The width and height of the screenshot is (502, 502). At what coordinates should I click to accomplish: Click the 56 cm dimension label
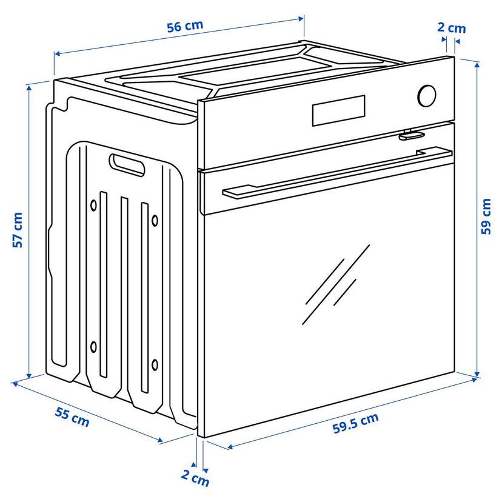coord(185,26)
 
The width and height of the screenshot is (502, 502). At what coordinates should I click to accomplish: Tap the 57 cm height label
coord(18,230)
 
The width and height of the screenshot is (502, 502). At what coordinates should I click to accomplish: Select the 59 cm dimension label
coord(486,216)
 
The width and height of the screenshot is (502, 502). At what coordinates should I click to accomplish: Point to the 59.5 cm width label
coord(355,423)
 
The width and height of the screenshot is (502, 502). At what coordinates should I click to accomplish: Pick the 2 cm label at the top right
coord(452,28)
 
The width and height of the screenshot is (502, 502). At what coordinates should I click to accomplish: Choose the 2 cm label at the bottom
coord(195,478)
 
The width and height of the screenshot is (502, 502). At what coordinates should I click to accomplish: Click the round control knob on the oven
coord(427,96)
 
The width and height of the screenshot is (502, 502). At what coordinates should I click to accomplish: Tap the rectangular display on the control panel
coord(339,110)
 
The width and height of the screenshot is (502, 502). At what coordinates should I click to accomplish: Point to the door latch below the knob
coord(412,135)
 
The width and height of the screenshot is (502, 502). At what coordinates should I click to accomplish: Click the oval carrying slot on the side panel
coord(127,165)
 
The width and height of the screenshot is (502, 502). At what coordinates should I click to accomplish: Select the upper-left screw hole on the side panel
coord(93,205)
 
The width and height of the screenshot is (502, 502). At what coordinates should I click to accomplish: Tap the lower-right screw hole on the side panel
coord(155,364)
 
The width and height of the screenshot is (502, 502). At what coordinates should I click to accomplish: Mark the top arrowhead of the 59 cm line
coord(477,64)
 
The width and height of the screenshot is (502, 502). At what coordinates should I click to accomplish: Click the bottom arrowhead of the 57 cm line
coord(29,376)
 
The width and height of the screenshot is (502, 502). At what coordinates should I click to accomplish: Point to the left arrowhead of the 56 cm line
coord(57,53)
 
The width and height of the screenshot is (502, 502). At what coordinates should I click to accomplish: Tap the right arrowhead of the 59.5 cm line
coord(474,380)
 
